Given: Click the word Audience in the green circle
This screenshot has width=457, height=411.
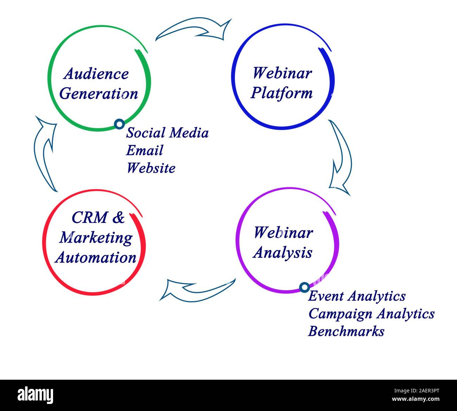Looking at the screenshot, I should click(96, 74).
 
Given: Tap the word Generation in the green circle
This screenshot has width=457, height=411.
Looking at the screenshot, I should click(99, 94).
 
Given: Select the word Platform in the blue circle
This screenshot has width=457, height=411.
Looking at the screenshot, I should click(282, 93).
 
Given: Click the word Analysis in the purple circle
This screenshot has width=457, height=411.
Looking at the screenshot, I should click(283, 252).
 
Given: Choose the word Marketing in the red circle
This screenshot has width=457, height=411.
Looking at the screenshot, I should click(96, 238).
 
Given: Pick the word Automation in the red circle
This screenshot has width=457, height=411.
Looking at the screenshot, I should click(96, 257).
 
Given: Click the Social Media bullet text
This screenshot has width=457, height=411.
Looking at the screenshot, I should click(167, 133).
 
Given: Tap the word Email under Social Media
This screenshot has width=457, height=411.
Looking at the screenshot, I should click(144, 150).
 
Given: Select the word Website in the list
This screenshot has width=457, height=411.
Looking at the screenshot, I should click(151, 168).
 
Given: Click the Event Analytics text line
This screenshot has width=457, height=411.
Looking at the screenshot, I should click(356, 296).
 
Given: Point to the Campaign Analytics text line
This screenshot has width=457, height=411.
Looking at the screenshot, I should click(371, 314).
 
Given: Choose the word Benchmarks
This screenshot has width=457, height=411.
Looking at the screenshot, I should click(346, 331).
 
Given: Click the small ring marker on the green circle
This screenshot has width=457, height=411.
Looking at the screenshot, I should click(120, 124).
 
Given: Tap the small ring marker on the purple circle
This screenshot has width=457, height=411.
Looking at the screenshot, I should click(304, 287).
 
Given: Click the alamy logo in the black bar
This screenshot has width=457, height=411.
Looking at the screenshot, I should click(36, 395).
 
